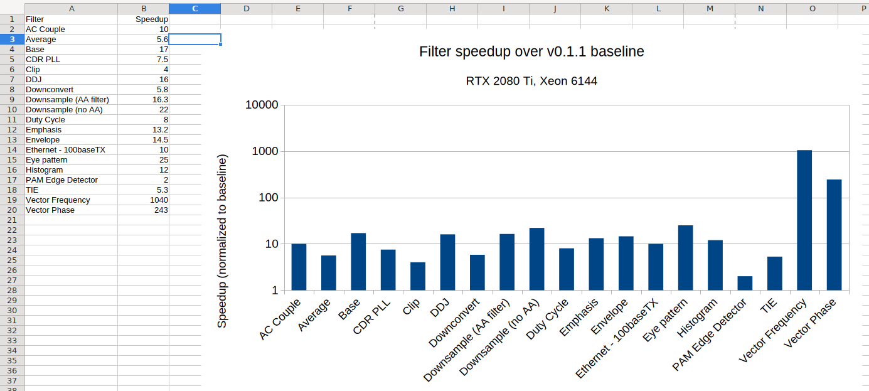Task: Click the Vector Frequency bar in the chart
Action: click(804, 220)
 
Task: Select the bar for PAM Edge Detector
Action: click(745, 283)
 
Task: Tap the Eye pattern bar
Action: click(685, 258)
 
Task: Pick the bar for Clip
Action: click(418, 276)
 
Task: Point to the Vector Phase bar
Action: click(834, 235)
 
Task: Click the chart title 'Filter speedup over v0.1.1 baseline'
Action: click(531, 51)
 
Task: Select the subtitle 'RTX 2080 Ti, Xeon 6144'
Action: click(531, 81)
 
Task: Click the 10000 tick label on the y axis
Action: click(262, 105)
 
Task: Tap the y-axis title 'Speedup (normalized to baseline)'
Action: click(222, 241)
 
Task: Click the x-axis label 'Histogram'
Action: click(698, 319)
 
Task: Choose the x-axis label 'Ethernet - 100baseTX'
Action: click(618, 339)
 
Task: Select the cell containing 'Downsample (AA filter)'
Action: click(67, 100)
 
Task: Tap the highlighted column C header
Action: click(195, 8)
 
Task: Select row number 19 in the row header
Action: click(12, 200)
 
